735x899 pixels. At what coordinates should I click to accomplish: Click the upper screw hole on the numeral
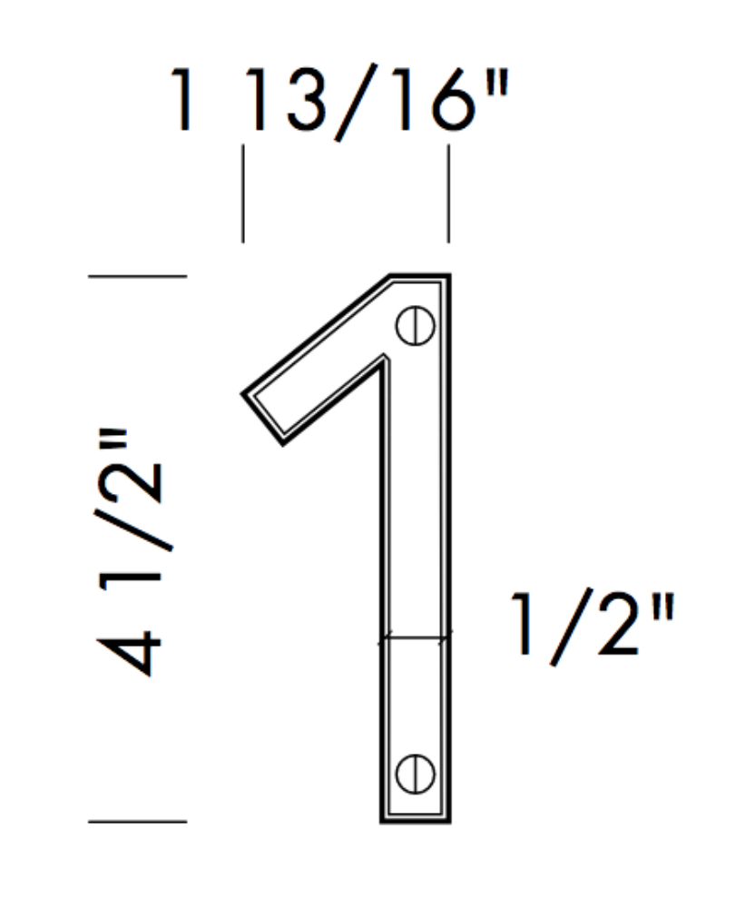pyautogui.click(x=415, y=325)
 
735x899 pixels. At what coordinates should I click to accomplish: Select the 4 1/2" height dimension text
pyautogui.click(x=134, y=554)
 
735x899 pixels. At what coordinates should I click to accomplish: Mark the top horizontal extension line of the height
pyautogui.click(x=137, y=275)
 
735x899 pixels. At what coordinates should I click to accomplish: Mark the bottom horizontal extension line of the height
pyautogui.click(x=137, y=822)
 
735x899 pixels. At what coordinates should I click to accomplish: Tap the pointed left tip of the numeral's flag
pyautogui.click(x=243, y=394)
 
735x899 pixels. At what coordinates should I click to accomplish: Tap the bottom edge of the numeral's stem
pyautogui.click(x=415, y=821)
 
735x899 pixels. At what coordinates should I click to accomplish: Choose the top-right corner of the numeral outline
pyautogui.click(x=448, y=276)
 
